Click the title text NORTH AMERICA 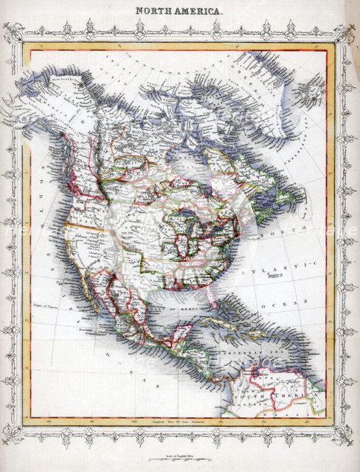[179, 12]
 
